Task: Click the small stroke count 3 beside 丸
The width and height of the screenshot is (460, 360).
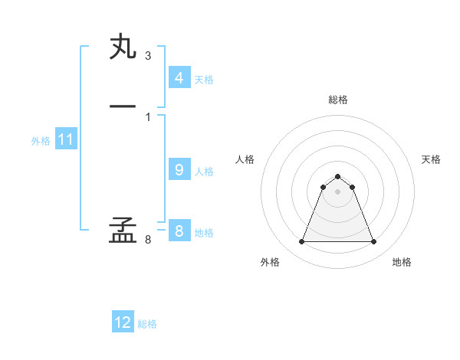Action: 147,56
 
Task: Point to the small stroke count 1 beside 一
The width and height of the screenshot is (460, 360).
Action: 147,116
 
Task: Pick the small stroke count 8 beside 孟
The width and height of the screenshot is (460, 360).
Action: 147,240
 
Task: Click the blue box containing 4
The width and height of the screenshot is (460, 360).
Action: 179,78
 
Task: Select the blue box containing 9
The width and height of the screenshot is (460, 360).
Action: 179,170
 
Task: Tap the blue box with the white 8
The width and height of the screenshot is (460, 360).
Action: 179,231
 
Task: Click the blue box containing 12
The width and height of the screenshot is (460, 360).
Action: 123,322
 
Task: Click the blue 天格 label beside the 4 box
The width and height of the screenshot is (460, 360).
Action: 204,80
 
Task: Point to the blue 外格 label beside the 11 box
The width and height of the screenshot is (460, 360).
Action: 41,141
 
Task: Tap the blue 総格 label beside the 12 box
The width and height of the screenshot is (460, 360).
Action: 147,324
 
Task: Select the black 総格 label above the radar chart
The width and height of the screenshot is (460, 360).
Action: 338,100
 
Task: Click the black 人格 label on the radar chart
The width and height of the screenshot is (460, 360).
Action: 245,159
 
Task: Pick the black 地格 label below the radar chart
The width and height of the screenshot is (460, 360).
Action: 402,262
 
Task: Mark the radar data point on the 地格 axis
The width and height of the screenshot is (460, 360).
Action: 374,242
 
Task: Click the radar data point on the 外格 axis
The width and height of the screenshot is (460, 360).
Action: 301,242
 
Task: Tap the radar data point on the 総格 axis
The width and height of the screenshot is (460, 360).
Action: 338,174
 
